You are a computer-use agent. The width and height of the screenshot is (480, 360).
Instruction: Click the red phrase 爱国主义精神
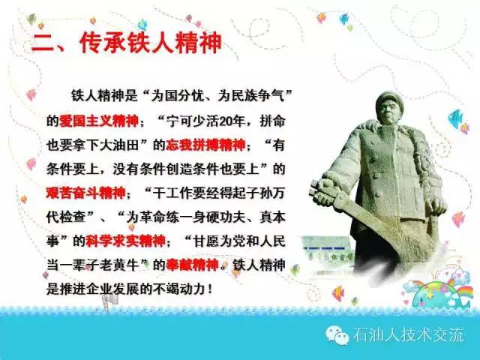(x=99, y=120)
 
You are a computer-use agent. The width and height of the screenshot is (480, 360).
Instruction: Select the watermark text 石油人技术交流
(x=408, y=335)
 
